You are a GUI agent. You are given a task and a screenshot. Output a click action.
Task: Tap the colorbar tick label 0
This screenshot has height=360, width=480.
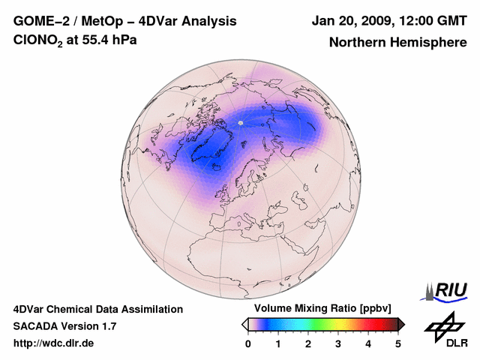(248, 343)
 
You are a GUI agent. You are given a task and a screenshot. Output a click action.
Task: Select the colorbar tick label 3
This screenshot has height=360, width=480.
(338, 343)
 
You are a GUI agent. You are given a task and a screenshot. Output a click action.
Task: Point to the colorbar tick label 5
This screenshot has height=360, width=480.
(398, 343)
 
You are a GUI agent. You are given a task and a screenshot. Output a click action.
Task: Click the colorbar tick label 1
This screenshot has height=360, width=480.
(278, 343)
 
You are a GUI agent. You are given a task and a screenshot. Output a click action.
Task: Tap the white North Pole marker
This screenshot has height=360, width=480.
(241, 122)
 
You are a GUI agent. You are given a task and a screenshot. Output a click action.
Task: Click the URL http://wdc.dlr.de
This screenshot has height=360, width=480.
(54, 343)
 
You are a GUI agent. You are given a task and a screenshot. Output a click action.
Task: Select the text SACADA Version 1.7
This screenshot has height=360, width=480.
(64, 326)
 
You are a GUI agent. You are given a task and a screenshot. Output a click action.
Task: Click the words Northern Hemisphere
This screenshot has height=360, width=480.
(397, 42)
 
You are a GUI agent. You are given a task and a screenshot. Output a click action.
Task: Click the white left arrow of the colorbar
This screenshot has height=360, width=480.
(245, 324)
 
